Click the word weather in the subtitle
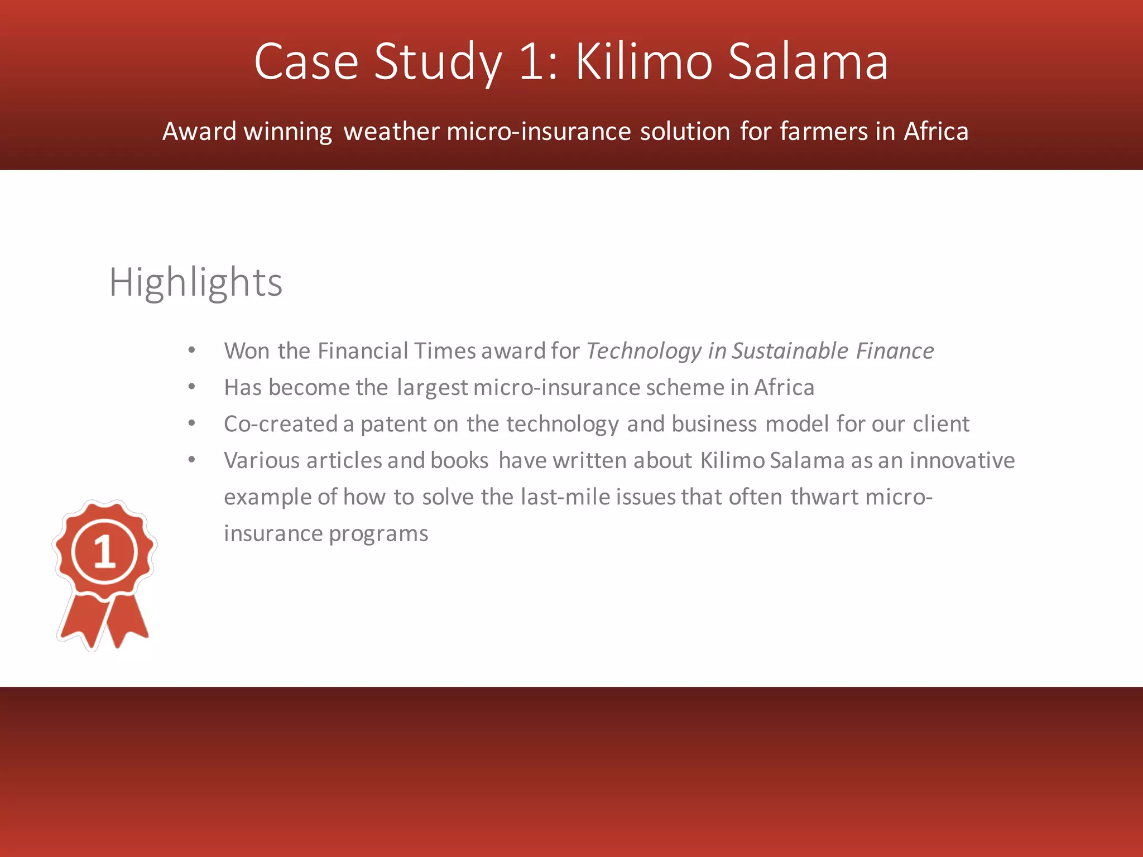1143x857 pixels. pyautogui.click(x=391, y=132)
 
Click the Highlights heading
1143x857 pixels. pyautogui.click(x=195, y=282)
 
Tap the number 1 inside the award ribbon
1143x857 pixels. pyautogui.click(x=104, y=552)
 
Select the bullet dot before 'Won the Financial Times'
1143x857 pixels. pyautogui.click(x=191, y=350)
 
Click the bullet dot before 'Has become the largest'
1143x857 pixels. pyautogui.click(x=191, y=387)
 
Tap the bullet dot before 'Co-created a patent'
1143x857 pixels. pyautogui.click(x=191, y=423)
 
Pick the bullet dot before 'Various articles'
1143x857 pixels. pyautogui.click(x=191, y=460)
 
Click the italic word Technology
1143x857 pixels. pyautogui.click(x=644, y=352)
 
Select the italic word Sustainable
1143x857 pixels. pyautogui.click(x=790, y=352)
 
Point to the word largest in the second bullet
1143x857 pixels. pyautogui.click(x=432, y=388)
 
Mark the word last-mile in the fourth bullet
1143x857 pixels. pyautogui.click(x=565, y=497)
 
